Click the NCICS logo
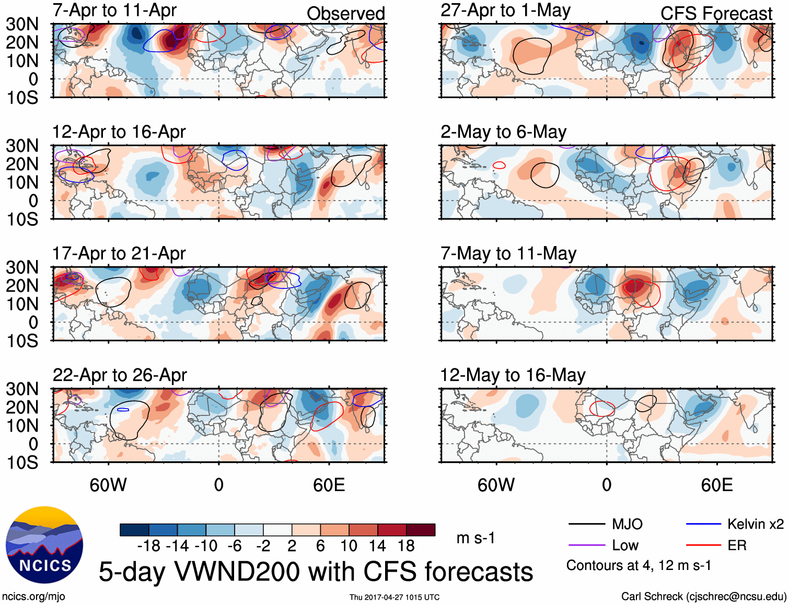[44, 545]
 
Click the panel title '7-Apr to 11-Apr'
[114, 10]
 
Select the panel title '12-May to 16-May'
[513, 375]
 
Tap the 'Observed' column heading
[345, 14]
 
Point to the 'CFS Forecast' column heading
[716, 14]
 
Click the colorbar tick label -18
[148, 546]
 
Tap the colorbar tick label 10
[349, 546]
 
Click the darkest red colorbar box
[421, 530]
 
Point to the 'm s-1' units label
[475, 538]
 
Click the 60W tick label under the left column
[108, 485]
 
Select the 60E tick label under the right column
[716, 485]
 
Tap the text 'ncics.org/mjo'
[33, 597]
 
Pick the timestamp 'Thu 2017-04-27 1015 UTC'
[394, 597]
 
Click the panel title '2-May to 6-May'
[503, 132]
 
